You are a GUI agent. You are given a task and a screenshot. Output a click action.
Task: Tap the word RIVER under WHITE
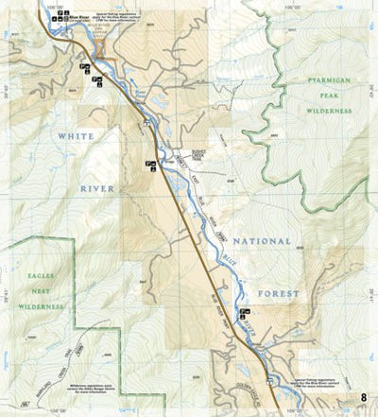tap(97, 188)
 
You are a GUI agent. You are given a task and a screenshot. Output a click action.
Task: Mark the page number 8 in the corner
tap(364, 395)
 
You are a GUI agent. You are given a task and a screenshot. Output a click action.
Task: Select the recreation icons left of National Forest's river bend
tap(245, 311)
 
